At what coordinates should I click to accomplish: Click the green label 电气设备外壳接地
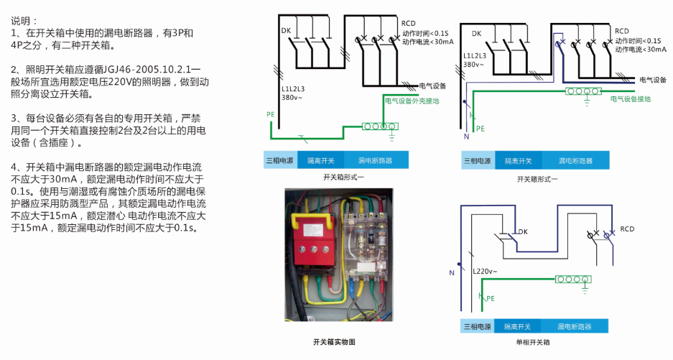[412, 101]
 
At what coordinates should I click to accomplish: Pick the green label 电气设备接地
[630, 99]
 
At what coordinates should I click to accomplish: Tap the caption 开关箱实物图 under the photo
[335, 343]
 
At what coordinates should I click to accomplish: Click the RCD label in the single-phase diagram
[627, 229]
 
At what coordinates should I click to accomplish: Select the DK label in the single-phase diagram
[522, 231]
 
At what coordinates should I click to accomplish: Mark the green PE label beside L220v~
[491, 297]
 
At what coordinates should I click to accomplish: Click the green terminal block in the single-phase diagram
[576, 278]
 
